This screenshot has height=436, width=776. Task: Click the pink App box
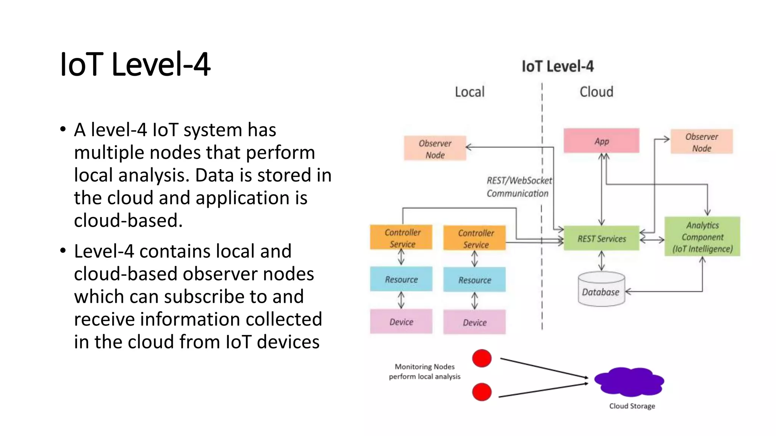coord(601,141)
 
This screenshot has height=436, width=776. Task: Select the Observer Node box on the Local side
coord(435,148)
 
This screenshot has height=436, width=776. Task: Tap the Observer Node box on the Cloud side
coord(702,142)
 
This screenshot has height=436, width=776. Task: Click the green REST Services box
coord(602,238)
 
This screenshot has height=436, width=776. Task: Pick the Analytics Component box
coord(702,237)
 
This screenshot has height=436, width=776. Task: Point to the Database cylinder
coord(601,289)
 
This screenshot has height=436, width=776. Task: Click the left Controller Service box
coord(401,238)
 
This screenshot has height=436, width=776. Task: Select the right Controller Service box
coord(475,238)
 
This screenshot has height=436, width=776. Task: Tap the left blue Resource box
coord(401,279)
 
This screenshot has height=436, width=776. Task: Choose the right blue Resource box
coord(475,280)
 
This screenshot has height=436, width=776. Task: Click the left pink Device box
coord(401,321)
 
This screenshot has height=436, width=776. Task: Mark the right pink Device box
coord(475,322)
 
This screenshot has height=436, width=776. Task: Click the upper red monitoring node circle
coord(482,358)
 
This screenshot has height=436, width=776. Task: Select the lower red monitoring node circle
coord(482,392)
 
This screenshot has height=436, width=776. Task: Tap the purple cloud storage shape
coord(629,381)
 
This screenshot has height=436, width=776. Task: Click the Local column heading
coord(470,92)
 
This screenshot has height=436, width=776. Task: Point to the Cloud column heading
coord(596,92)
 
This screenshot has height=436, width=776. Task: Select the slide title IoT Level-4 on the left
coord(135,64)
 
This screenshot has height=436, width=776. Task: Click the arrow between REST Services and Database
coord(601,261)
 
